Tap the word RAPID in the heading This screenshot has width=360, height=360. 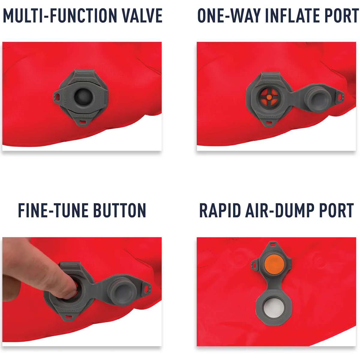(220, 210)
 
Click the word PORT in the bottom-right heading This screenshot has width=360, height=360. (336, 210)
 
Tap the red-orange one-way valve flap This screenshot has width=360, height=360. (269, 97)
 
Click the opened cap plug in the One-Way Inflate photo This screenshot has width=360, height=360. (319, 99)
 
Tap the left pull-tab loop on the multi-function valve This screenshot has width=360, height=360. (57, 96)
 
